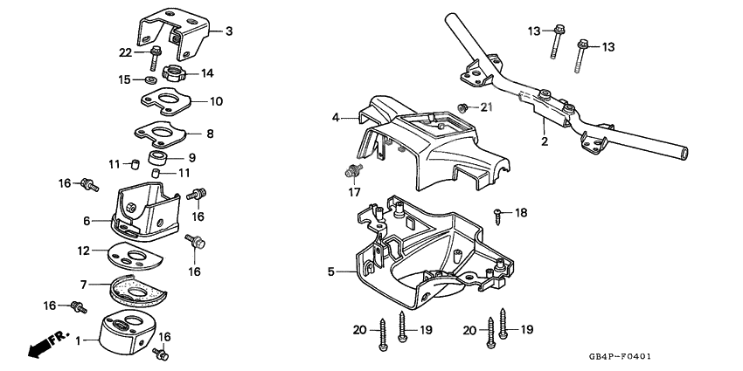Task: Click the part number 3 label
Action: coord(229,32)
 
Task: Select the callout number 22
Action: coord(125,52)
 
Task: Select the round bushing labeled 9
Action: coord(160,158)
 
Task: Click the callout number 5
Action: coord(331,272)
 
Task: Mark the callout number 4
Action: coord(335,116)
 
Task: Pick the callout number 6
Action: coord(87,221)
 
